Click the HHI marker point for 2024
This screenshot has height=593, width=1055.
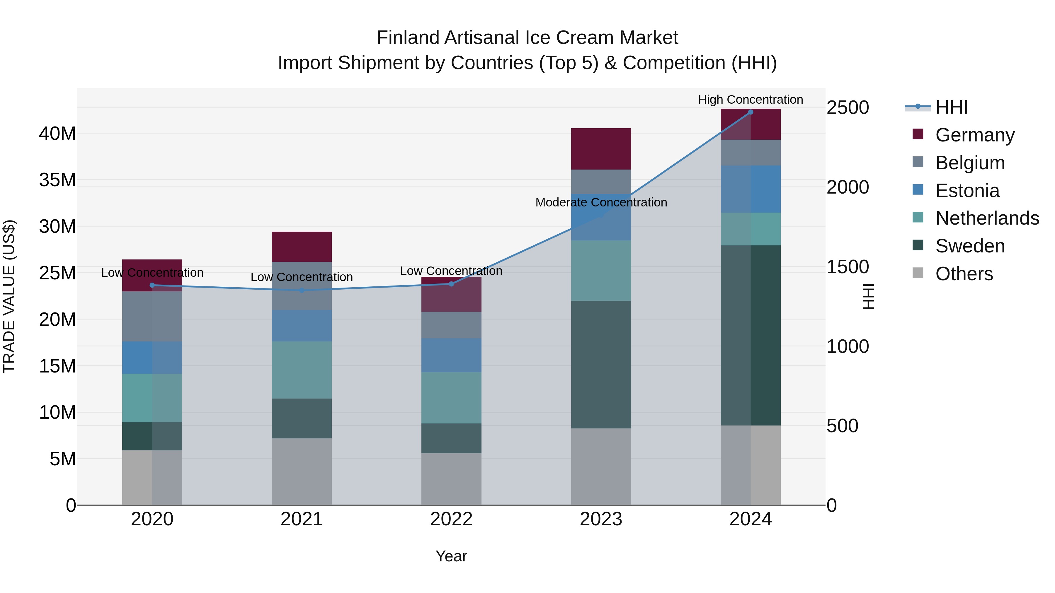click(750, 112)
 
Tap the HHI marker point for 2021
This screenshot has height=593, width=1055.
click(302, 290)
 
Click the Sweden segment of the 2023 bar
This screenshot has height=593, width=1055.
click(601, 365)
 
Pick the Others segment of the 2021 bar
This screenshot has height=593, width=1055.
click(302, 471)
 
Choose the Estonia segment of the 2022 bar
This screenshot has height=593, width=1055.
click(451, 355)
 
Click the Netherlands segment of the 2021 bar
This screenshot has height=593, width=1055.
click(302, 370)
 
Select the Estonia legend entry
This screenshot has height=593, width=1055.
click(967, 191)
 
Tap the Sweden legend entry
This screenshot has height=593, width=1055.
click(970, 246)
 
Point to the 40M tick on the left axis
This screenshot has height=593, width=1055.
click(57, 134)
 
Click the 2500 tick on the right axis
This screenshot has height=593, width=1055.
click(847, 108)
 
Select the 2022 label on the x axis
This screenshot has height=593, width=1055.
click(451, 519)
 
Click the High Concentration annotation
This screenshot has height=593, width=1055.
click(750, 100)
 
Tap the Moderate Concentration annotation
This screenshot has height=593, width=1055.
click(601, 202)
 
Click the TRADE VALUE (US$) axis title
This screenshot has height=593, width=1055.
click(9, 296)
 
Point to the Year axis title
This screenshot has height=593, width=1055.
click(451, 556)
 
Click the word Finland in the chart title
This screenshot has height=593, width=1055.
click(408, 38)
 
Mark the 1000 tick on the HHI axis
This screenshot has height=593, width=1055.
click(847, 346)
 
